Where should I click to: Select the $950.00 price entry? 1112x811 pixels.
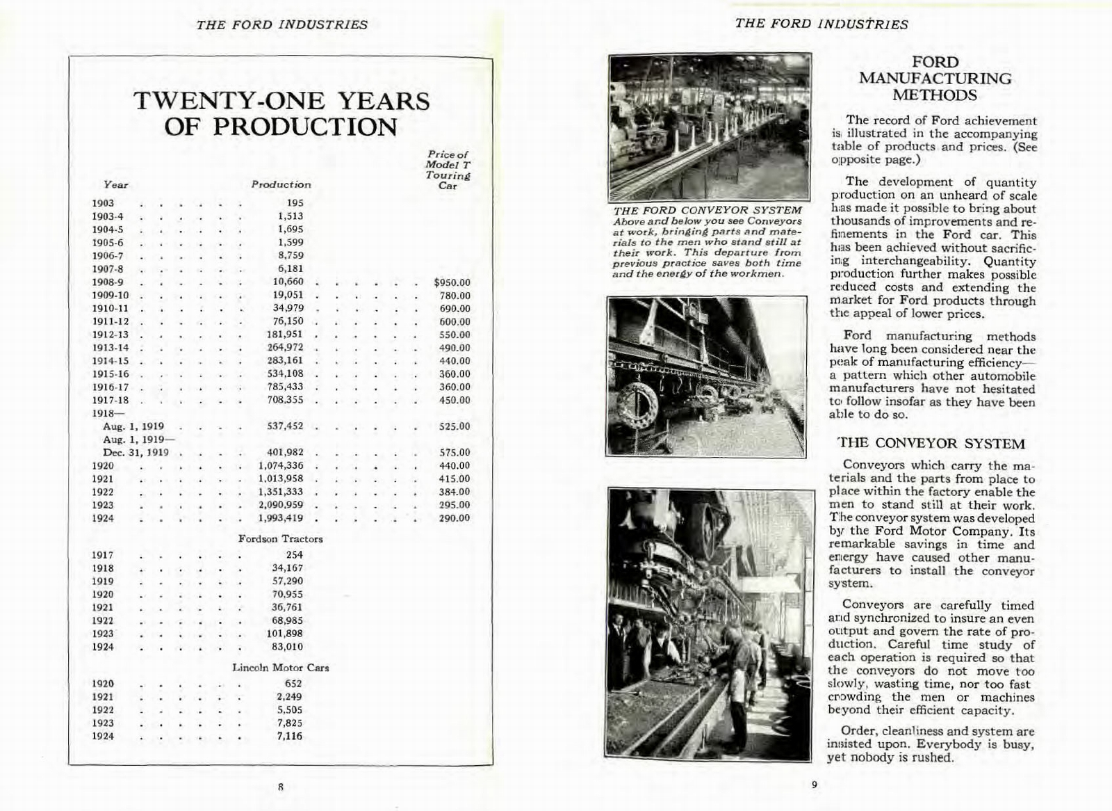452,282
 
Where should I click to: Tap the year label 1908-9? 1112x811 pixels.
108,282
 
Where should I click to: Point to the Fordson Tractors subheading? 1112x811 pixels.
280,539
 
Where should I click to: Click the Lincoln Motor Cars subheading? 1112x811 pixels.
280,668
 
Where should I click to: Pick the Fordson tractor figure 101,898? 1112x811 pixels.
285,634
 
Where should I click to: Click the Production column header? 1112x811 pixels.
281,185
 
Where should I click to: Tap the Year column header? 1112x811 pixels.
115,185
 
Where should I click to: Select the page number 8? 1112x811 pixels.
281,787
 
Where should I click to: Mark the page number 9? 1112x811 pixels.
814,785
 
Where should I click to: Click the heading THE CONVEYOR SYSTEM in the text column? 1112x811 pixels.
931,444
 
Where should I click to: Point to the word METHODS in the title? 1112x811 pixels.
935,95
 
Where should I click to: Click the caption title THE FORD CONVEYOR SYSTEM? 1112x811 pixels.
708,210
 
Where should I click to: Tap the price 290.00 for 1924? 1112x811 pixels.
455,518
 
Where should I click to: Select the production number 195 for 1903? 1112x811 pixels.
295,203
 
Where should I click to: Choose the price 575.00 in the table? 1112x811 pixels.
455,452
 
